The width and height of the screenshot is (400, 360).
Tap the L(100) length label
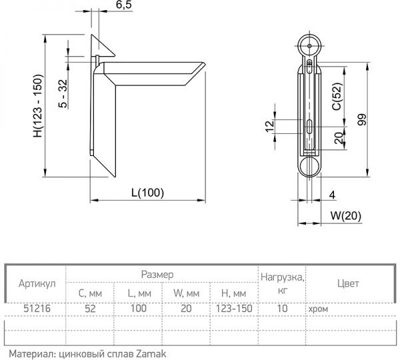(147, 193)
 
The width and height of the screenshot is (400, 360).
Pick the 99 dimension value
(381, 121)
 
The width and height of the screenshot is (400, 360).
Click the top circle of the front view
(307, 47)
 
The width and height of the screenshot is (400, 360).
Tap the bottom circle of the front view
(307, 166)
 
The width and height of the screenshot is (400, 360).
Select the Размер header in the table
(158, 274)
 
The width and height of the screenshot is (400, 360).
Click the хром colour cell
(318, 309)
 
